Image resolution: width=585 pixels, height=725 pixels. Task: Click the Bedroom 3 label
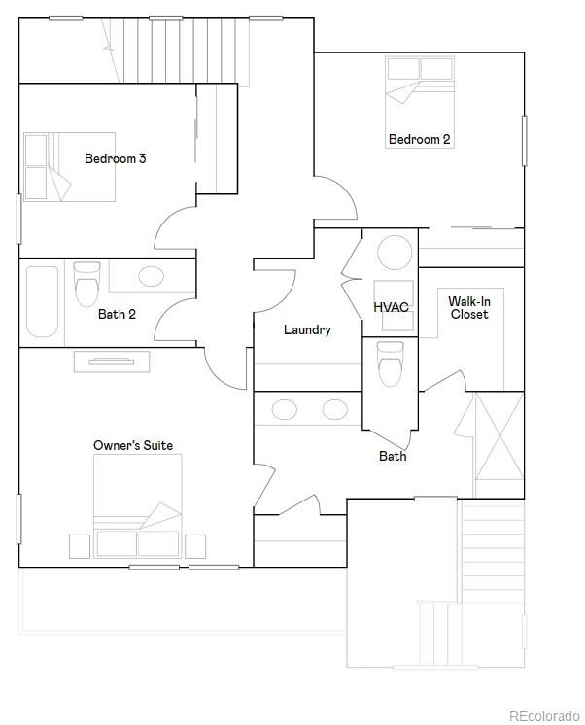tap(115, 158)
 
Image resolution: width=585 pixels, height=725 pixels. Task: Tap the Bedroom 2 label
tap(419, 139)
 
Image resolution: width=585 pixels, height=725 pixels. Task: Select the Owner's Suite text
tap(133, 445)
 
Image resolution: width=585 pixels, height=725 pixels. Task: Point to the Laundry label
tap(307, 329)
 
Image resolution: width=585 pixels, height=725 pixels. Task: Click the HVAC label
tap(391, 307)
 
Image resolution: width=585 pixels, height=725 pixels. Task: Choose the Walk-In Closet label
tap(468, 308)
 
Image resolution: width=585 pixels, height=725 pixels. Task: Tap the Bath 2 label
tap(117, 314)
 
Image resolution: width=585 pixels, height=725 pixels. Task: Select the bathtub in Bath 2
tap(42, 301)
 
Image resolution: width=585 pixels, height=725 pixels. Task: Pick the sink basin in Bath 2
tap(151, 275)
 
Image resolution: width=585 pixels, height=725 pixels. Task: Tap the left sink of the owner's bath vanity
tap(285, 409)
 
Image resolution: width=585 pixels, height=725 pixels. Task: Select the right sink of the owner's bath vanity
tap(335, 409)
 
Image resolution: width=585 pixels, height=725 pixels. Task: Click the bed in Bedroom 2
tap(420, 91)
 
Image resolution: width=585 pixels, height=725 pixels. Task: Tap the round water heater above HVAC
tap(395, 254)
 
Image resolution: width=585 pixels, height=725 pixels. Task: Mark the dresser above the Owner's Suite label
tap(112, 362)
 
